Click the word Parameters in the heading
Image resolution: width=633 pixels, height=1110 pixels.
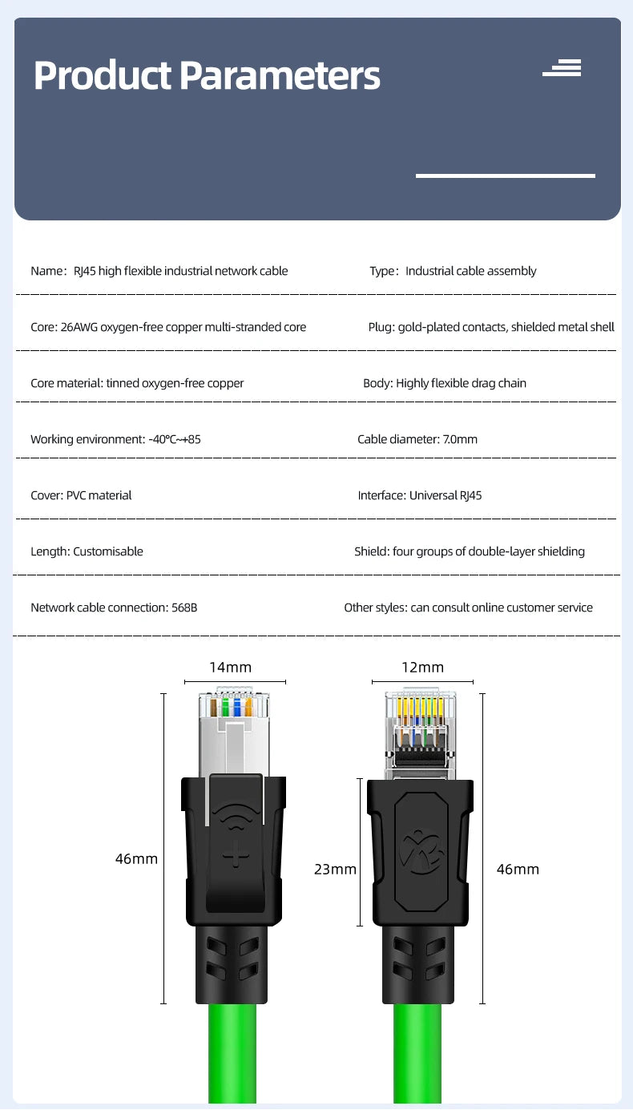tap(280, 75)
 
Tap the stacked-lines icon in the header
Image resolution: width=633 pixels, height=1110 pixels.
tap(562, 67)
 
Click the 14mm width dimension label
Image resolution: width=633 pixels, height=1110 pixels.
tap(230, 667)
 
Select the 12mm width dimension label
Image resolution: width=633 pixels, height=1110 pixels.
tap(422, 667)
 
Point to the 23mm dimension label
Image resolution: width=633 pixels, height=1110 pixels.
tap(335, 869)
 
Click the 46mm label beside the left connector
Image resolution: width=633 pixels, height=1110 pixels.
tap(136, 858)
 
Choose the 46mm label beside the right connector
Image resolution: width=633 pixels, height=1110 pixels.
tap(518, 869)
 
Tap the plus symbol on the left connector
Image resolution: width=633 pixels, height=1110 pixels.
tap(236, 854)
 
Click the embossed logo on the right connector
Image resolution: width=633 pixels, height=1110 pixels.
tap(421, 852)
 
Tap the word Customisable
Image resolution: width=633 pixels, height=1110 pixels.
tap(108, 551)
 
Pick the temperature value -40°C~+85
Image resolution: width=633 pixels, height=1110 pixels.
tap(175, 439)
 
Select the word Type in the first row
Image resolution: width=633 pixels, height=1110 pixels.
tap(382, 271)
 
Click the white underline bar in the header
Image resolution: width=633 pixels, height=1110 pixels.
tap(506, 176)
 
